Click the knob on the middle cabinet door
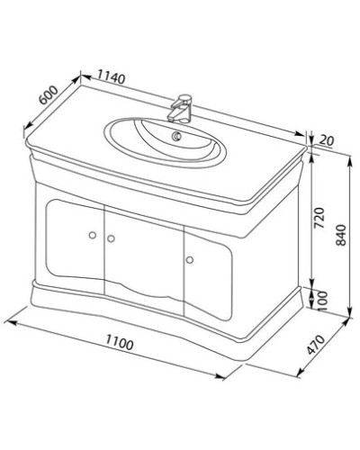point(112,238)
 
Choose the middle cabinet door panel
point(144,256)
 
